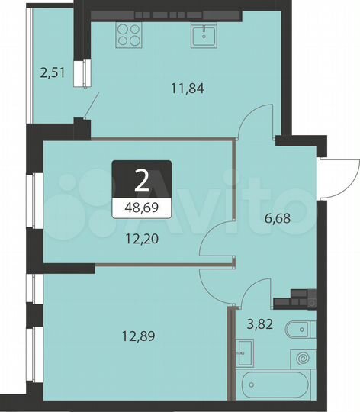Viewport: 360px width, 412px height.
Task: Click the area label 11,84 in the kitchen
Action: coord(189,87)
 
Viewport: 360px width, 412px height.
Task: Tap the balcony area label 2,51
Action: coord(53,73)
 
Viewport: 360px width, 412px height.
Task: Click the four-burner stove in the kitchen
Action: coord(127,35)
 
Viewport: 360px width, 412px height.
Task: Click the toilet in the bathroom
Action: coord(297,331)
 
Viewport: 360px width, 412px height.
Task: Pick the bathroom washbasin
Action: coord(245,352)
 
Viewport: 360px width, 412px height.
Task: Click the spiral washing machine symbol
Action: coord(302,357)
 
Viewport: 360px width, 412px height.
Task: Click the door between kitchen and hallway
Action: coord(256,126)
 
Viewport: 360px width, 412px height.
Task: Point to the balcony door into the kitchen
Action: coord(90,104)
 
